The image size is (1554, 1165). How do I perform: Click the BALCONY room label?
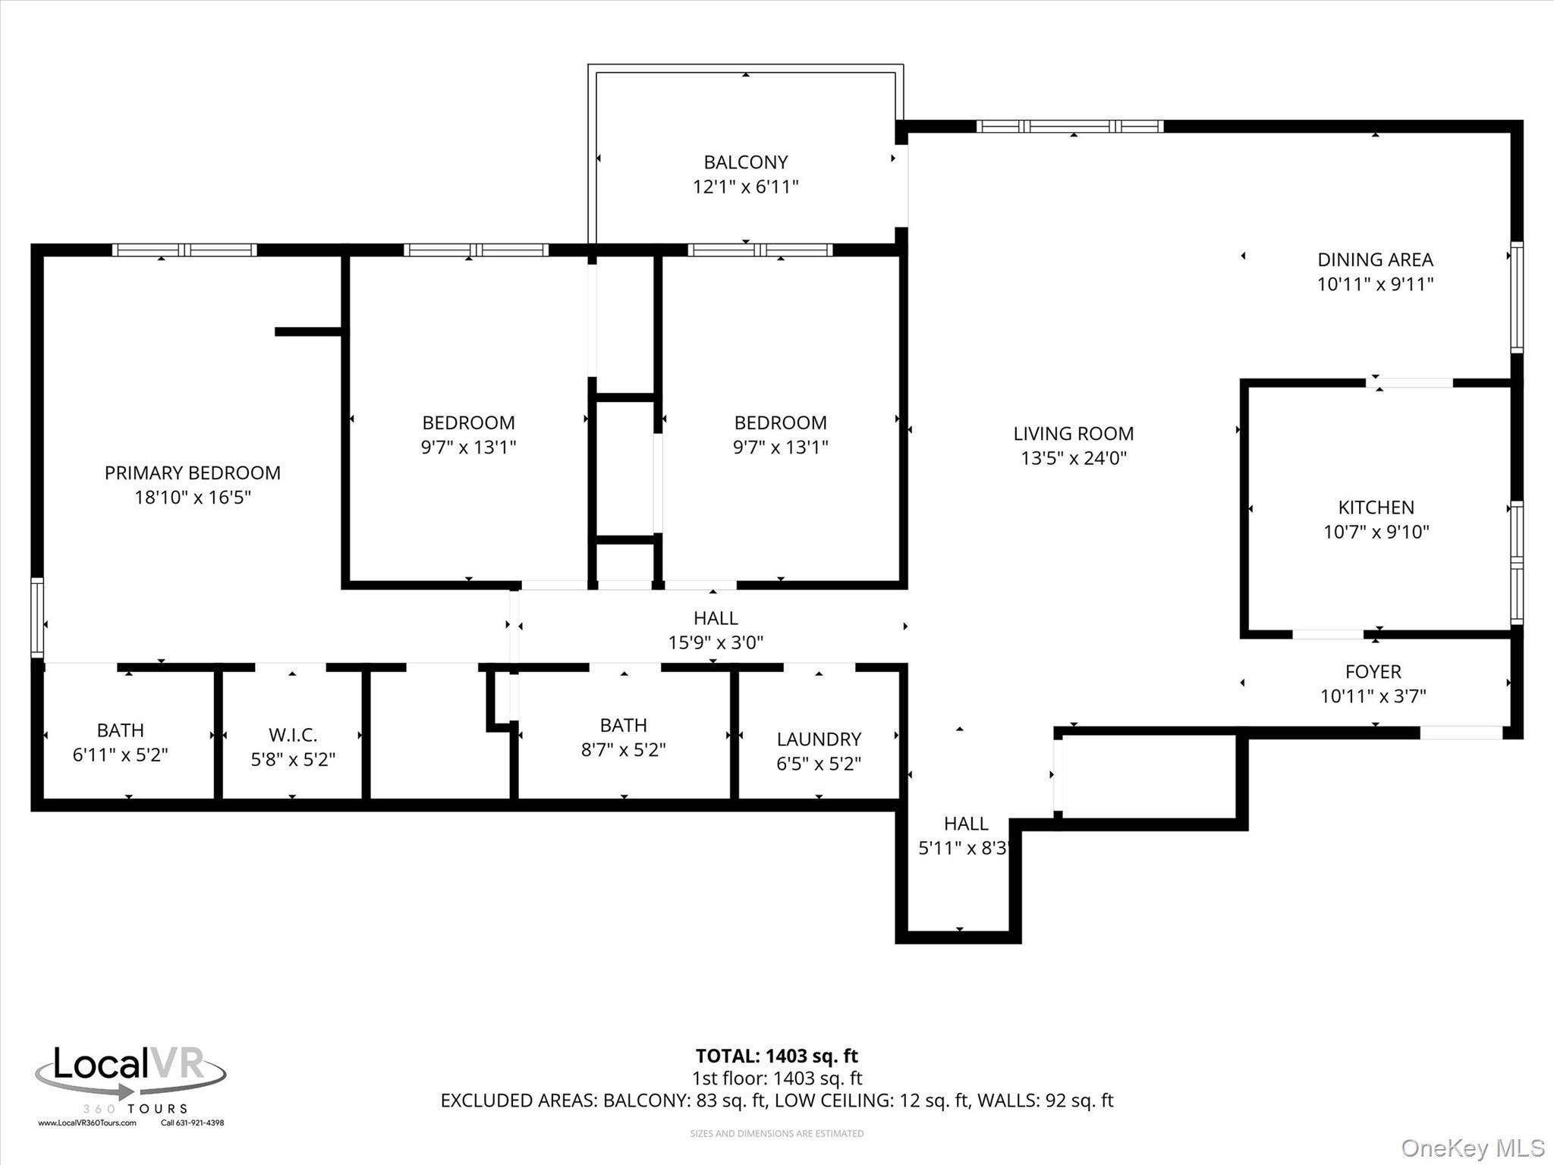[x=745, y=162]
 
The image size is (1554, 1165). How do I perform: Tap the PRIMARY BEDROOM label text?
[x=192, y=473]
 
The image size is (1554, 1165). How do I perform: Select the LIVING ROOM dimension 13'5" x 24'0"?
[x=1073, y=458]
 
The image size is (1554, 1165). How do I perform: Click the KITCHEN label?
[x=1376, y=507]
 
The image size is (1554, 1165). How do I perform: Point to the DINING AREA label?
[x=1375, y=260]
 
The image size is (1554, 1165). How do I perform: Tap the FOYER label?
[x=1373, y=672]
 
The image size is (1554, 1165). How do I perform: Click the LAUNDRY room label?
[x=819, y=740]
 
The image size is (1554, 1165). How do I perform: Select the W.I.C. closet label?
[x=293, y=735]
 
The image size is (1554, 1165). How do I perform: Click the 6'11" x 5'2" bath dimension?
[x=120, y=755]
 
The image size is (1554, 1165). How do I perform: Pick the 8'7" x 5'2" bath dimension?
[x=623, y=750]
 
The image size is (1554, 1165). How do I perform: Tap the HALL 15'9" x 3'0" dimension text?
[x=715, y=643]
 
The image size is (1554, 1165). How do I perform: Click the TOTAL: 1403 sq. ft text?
[x=776, y=1056]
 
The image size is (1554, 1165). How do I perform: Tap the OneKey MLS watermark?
[x=1471, y=1148]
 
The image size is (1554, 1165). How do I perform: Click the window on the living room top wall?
[x=1069, y=127]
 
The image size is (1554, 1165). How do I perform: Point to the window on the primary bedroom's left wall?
[x=36, y=617]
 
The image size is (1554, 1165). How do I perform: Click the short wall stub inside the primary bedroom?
[x=307, y=331]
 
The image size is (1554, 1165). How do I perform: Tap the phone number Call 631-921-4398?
[x=192, y=1123]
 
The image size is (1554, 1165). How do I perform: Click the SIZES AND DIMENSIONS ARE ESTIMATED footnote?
[x=776, y=1134]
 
